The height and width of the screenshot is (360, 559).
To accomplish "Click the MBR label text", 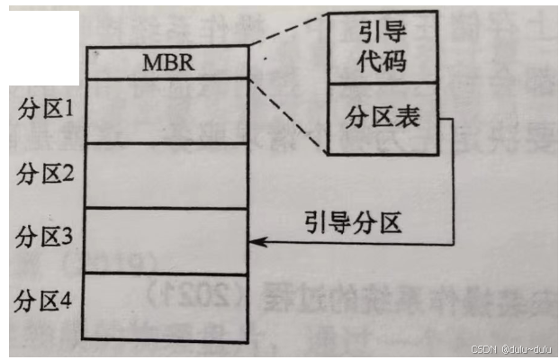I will pyautogui.click(x=167, y=63).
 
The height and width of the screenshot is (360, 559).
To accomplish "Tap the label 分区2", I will pyautogui.click(x=44, y=174).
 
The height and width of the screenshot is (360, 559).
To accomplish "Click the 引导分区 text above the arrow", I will pyautogui.click(x=352, y=220).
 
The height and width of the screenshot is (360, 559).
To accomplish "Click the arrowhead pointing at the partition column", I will pyautogui.click(x=255, y=241).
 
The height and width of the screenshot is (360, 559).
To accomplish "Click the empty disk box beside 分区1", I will pyautogui.click(x=167, y=110).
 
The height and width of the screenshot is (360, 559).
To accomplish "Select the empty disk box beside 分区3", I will pyautogui.click(x=167, y=240).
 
